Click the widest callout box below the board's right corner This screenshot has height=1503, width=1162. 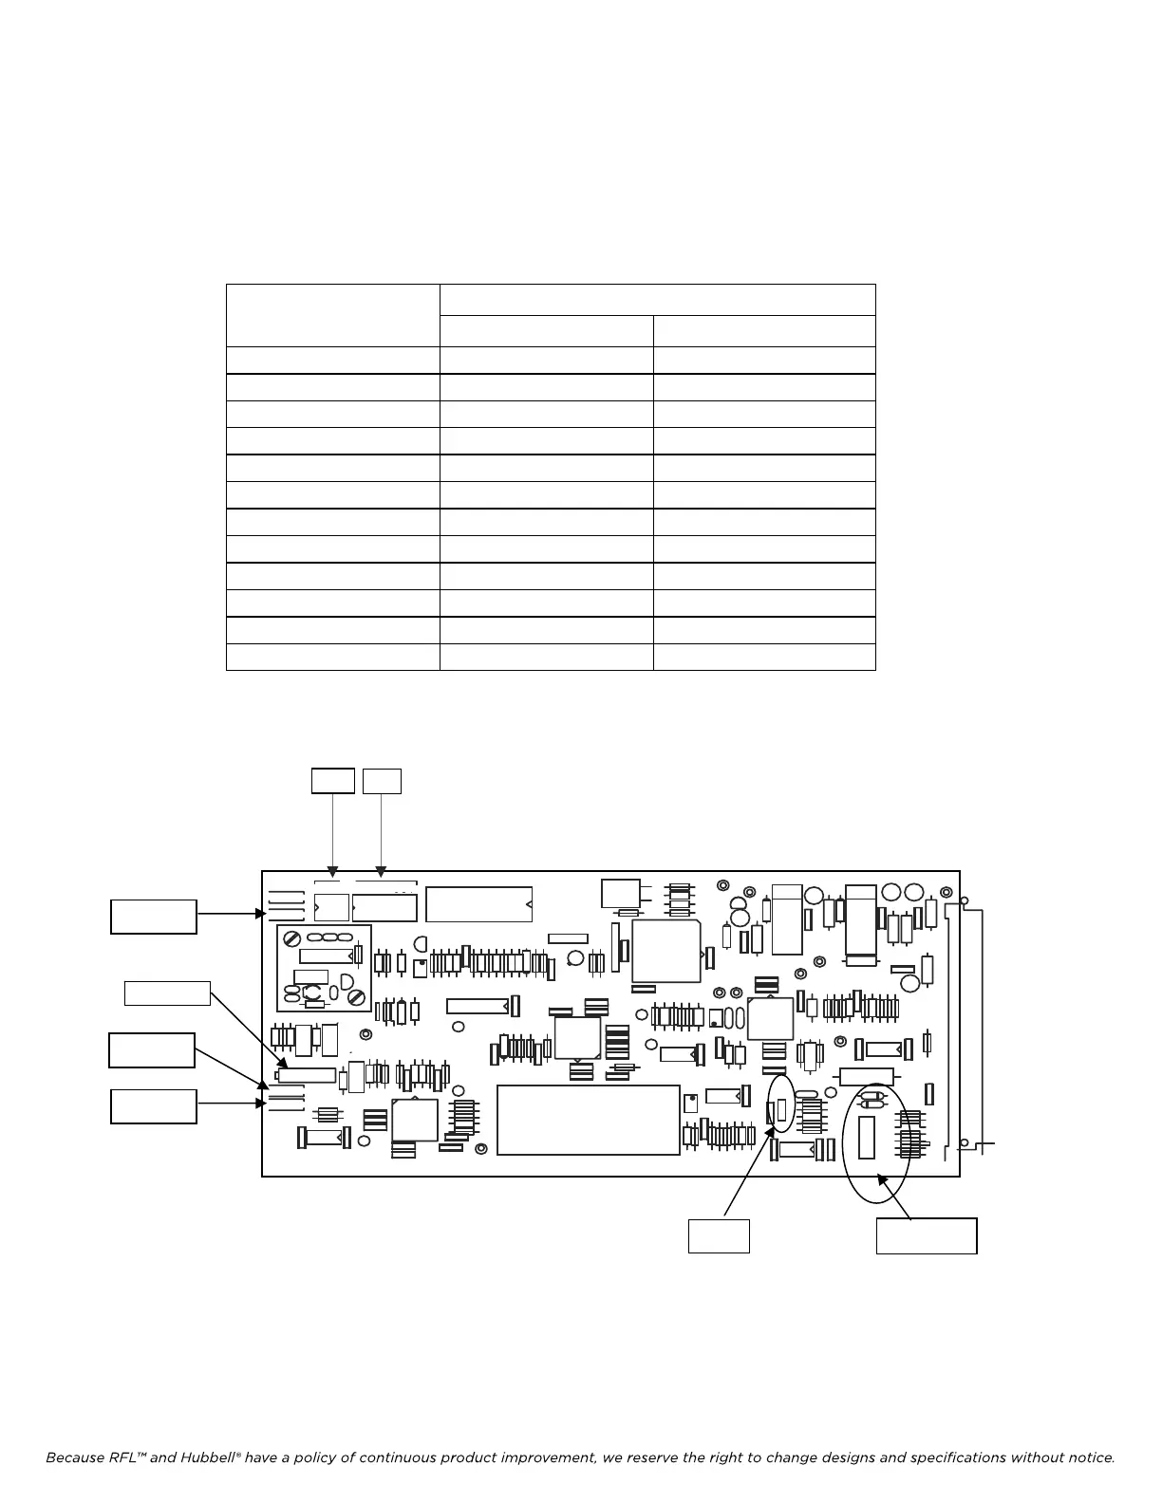[926, 1235]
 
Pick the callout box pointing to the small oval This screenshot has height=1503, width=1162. [719, 1235]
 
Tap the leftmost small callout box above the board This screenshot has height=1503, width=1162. [333, 781]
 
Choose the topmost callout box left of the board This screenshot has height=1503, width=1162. [154, 917]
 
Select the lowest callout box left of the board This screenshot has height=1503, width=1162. [154, 1106]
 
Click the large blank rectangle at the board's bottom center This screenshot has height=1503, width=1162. [589, 1120]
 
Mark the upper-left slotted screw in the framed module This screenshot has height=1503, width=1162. [291, 938]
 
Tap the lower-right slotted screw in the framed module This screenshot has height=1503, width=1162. [357, 997]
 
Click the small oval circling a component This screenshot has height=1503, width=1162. [781, 1103]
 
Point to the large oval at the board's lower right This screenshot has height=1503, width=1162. [876, 1142]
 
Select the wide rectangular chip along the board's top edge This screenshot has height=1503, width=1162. [478, 904]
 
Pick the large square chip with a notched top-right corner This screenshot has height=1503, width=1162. [665, 951]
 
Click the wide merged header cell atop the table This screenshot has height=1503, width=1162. [657, 300]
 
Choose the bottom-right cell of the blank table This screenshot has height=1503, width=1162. [764, 657]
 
